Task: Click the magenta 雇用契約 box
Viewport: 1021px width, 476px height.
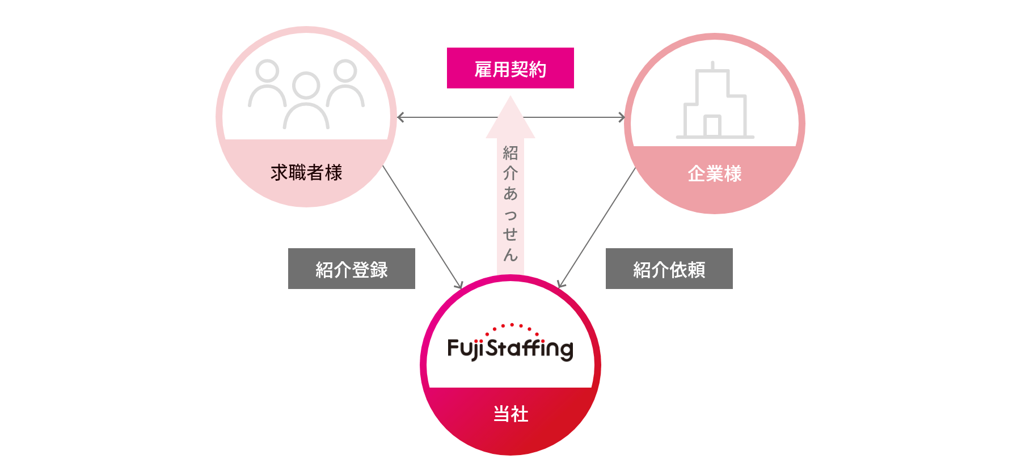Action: coord(510,68)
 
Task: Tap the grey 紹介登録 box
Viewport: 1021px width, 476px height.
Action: coord(351,269)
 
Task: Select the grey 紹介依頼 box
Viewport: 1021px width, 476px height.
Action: coord(669,269)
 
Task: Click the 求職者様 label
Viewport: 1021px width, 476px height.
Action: coord(306,172)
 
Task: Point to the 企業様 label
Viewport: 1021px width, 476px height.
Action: coord(715,173)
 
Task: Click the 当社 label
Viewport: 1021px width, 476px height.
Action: coord(510,414)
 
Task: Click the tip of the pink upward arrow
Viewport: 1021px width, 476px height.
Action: coord(510,100)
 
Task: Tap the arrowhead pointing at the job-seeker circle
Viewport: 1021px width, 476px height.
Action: coord(400,117)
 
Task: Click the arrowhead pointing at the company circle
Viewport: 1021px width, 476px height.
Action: coord(622,117)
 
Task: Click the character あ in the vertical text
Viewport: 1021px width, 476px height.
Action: coord(510,193)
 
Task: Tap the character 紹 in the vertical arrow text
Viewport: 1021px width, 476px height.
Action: coord(510,152)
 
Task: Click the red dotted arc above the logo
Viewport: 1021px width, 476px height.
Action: coord(512,326)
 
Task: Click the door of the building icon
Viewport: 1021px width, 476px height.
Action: coord(712,126)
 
